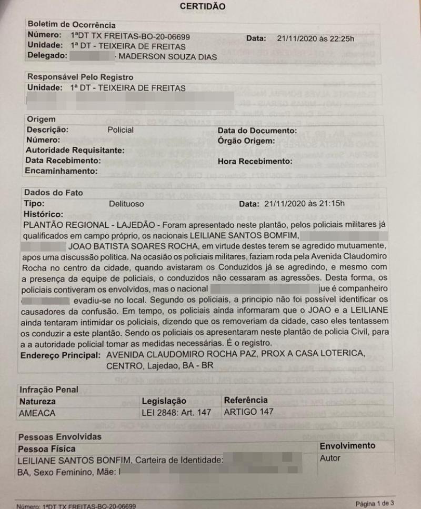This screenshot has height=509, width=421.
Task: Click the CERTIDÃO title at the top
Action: coord(203,7)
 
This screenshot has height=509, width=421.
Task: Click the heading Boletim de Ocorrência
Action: coord(71,25)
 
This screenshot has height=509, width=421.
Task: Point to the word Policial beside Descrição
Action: coord(121,130)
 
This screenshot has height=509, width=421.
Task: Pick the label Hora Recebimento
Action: coord(254,161)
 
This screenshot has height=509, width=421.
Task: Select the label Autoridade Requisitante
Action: coord(75,151)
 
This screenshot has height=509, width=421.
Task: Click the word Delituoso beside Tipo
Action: coord(126,203)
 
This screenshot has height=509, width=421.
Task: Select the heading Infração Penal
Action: coord(48,390)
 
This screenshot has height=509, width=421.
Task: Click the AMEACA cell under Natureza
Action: coord(37,412)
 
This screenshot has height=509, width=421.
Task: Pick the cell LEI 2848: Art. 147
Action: coord(176,412)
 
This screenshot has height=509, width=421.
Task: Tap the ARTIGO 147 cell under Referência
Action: coord(248,412)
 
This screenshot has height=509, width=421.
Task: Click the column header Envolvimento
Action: coord(348,446)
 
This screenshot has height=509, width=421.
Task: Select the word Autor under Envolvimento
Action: coord(330,458)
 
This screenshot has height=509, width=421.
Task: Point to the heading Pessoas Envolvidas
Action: coord(59,437)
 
